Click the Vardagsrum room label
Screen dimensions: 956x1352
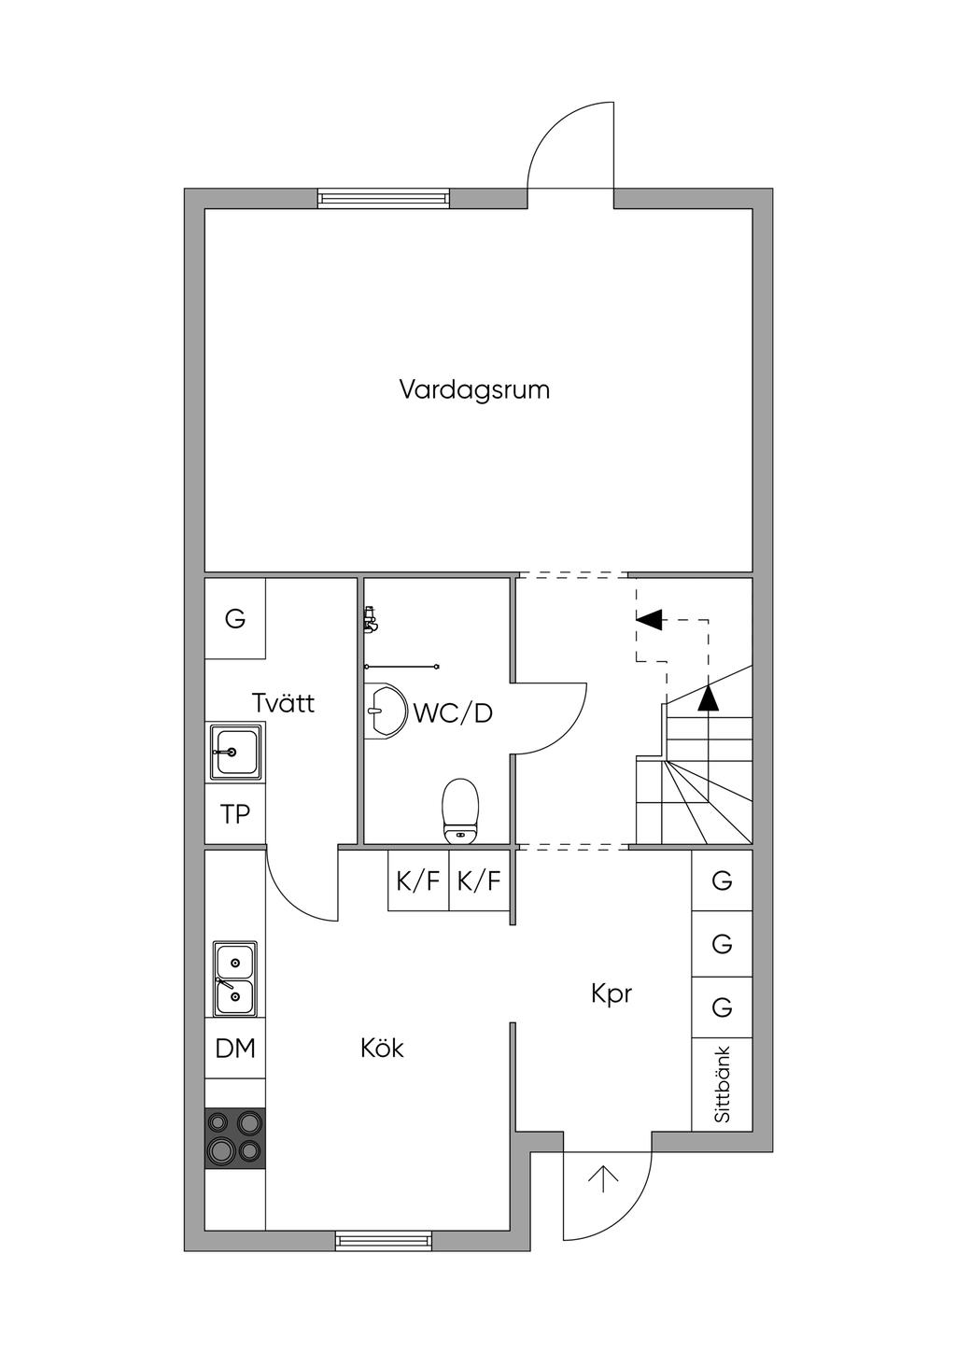click(474, 389)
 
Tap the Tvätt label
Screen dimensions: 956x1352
click(284, 703)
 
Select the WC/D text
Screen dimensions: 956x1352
click(453, 713)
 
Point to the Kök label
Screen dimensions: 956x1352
click(382, 1049)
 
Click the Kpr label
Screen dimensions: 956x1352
click(612, 993)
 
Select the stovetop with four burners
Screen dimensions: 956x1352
click(235, 1137)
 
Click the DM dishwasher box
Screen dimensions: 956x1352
click(235, 1049)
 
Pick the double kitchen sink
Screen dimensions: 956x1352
click(235, 979)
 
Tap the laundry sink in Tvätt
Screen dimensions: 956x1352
click(235, 752)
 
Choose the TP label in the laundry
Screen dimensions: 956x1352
click(235, 814)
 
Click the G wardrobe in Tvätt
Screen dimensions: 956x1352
click(235, 618)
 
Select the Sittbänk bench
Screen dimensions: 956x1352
click(722, 1084)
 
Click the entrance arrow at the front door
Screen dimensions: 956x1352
click(604, 1179)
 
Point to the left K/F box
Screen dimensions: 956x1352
click(418, 880)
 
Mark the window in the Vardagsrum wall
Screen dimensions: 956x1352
click(384, 198)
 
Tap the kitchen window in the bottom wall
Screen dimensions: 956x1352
click(384, 1241)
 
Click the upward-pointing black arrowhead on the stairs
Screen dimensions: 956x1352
click(709, 698)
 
